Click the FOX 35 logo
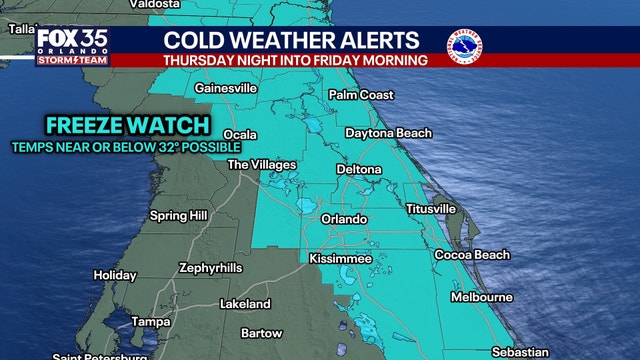(x=73, y=44)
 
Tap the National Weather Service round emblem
(x=465, y=46)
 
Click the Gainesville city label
(x=226, y=89)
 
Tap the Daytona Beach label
(x=388, y=133)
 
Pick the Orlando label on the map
(x=344, y=219)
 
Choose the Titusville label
(x=431, y=209)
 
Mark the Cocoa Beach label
(x=472, y=255)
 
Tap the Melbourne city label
(x=482, y=297)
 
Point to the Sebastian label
(x=520, y=351)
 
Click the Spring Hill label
(x=176, y=215)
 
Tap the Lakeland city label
(x=246, y=302)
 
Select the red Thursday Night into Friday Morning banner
(x=296, y=60)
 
